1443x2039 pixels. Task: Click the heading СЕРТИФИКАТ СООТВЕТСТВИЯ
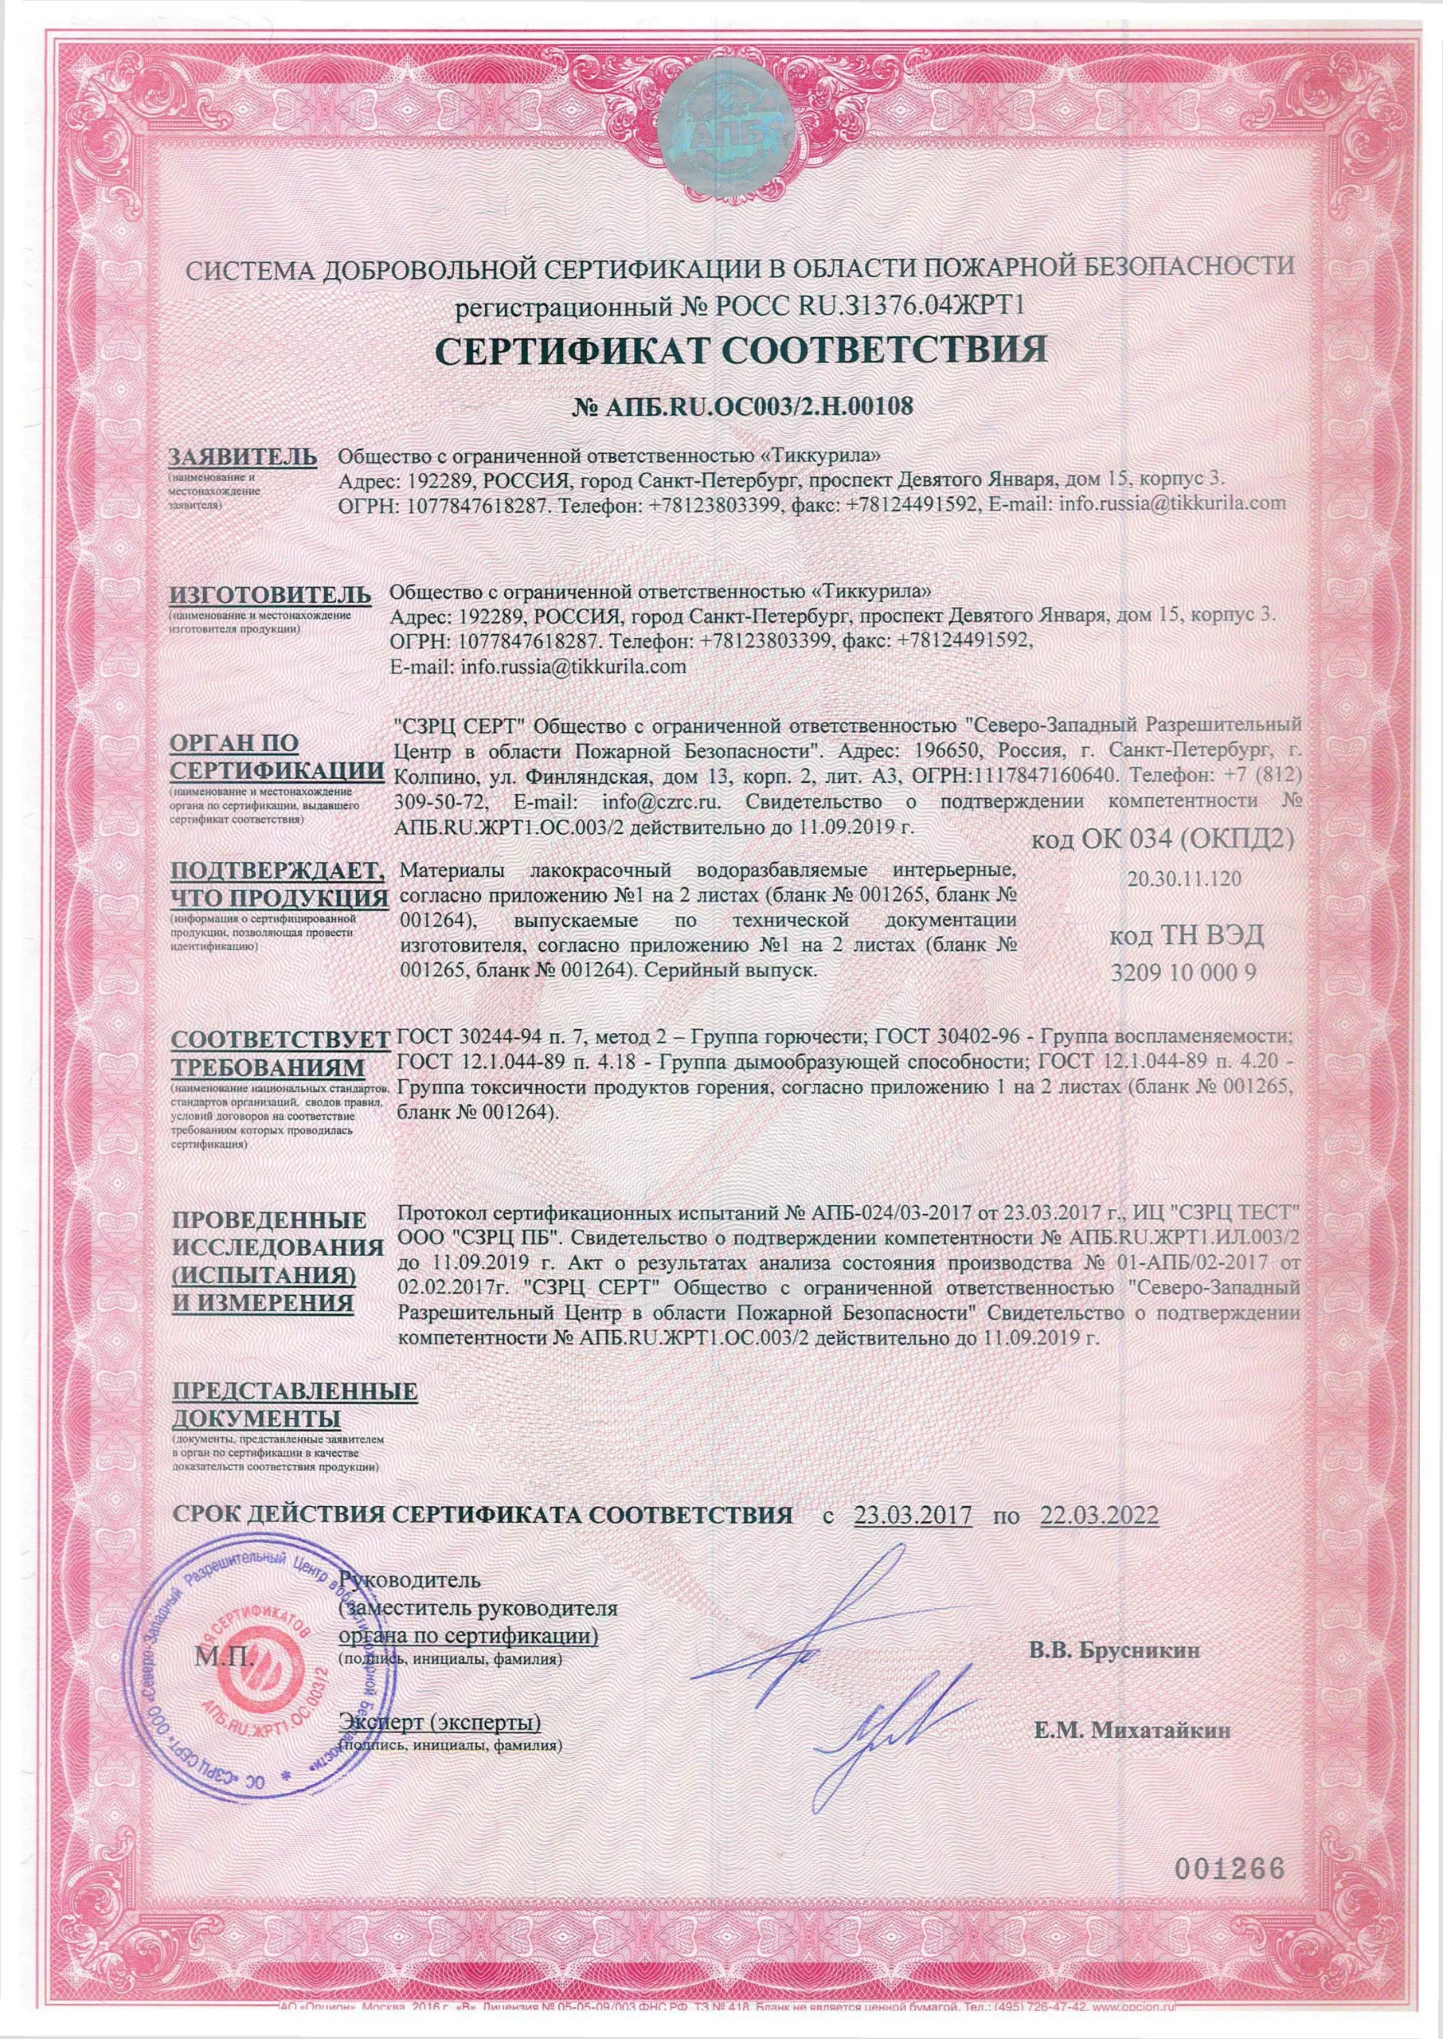(742, 349)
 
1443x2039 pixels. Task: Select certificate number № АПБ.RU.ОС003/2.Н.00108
(742, 406)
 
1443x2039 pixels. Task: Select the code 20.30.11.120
(1184, 879)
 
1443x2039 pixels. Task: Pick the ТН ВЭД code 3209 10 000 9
(1184, 972)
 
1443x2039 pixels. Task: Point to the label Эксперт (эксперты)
(439, 1723)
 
